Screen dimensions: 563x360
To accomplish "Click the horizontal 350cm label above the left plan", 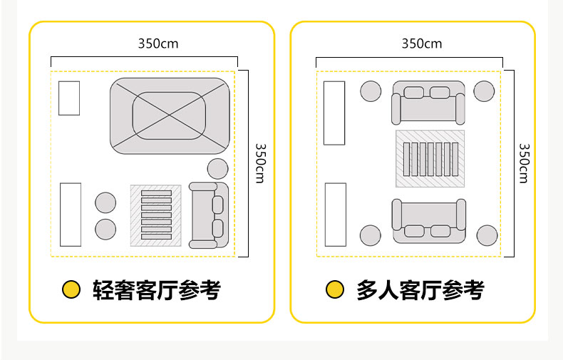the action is [158, 43].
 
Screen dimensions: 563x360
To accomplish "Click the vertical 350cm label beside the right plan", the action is [525, 163].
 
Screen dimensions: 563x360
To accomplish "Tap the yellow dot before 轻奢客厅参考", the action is [71, 289].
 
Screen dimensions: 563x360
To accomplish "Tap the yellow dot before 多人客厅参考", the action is [335, 289].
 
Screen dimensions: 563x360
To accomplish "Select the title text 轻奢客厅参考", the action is [157, 290].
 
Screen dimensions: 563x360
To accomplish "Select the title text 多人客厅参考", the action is [420, 290].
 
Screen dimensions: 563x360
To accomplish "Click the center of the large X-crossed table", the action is [170, 115].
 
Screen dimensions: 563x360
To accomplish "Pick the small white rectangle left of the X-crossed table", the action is [69, 98].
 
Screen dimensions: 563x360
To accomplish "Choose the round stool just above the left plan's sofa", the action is [217, 169].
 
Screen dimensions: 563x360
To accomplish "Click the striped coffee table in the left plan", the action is [156, 215].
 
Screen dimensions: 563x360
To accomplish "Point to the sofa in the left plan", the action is [209, 215].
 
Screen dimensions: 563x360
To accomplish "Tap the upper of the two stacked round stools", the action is [105, 202].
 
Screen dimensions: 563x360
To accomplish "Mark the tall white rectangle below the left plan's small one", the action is [71, 215].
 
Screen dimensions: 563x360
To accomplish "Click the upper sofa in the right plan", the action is [428, 103].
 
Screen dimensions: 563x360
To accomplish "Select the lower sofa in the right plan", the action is [429, 221].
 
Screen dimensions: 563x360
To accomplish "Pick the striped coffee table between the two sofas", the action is [430, 159].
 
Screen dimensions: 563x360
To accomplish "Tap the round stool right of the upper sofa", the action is [484, 91].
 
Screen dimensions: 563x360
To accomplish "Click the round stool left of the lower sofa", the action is [370, 236].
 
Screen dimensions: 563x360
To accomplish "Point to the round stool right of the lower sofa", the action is [487, 236].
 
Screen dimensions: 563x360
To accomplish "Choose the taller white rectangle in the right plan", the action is [334, 113].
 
